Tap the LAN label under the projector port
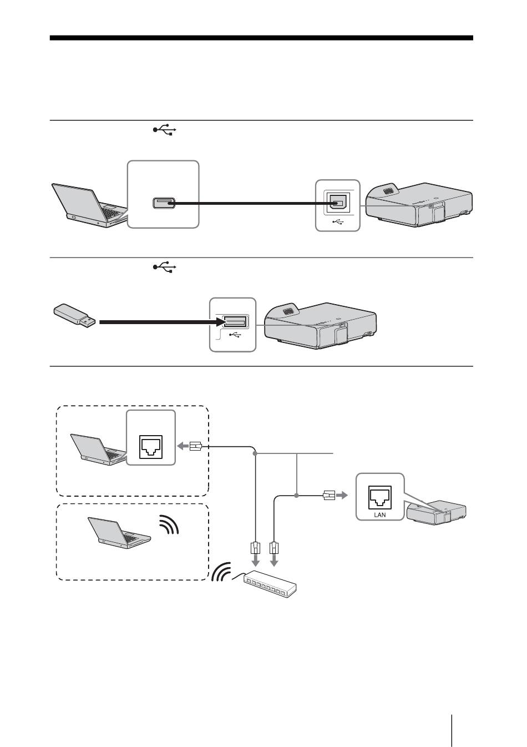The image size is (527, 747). point(379,514)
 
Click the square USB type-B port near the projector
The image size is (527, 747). point(338,203)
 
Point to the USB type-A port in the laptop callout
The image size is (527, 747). point(164,203)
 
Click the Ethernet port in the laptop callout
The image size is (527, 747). point(151,447)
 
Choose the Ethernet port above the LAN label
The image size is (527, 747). point(379,497)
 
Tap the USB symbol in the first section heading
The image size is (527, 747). point(164,129)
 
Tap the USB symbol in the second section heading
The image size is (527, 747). point(164,267)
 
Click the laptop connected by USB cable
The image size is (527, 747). point(89,205)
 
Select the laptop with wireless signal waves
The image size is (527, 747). point(119,532)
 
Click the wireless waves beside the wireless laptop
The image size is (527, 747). point(169,524)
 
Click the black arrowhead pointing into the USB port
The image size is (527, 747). point(220,322)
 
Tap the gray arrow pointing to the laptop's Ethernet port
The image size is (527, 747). point(183,446)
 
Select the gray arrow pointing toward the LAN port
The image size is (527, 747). point(342,496)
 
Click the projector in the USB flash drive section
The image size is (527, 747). point(321,326)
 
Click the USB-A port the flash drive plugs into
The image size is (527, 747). point(235,321)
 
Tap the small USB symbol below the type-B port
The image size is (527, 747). point(338,221)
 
